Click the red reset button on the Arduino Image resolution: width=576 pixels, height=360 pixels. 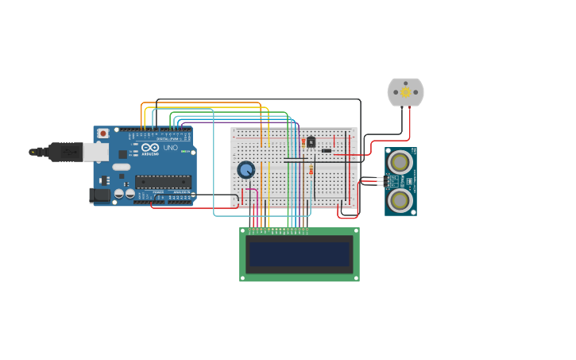[x=102, y=134]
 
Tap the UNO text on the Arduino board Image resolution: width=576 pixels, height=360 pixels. [x=170, y=148]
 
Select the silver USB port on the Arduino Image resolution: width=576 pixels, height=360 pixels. [x=95, y=152]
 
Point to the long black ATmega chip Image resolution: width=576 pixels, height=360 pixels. [x=163, y=181]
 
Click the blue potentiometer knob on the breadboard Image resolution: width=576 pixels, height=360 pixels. [x=246, y=169]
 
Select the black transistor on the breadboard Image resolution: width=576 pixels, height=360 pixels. [x=311, y=142]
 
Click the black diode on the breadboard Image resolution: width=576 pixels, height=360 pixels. [x=327, y=150]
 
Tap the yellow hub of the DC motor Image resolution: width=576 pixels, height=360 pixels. [x=405, y=92]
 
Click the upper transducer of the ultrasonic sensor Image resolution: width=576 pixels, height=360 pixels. [x=400, y=161]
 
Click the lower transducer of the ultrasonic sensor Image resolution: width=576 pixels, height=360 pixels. [x=400, y=200]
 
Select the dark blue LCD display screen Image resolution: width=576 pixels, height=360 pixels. [x=299, y=254]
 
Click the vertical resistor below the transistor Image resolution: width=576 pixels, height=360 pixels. [x=311, y=170]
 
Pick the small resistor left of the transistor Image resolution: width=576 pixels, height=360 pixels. [x=303, y=141]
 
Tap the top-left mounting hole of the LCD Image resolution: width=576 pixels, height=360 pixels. [x=243, y=231]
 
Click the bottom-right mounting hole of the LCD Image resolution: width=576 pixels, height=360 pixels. [x=356, y=278]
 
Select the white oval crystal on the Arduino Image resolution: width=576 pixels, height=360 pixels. [x=121, y=167]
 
